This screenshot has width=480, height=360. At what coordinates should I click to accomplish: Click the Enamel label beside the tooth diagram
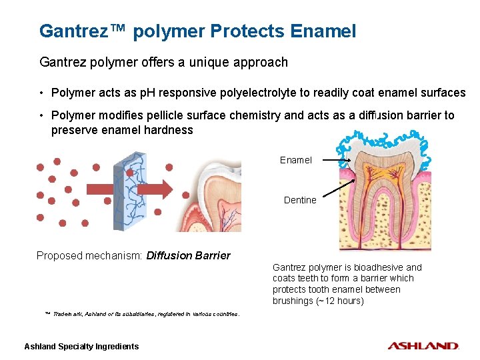(x=296, y=160)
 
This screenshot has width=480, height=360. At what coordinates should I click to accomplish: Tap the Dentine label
(x=300, y=200)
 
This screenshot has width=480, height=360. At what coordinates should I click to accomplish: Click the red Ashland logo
(x=423, y=346)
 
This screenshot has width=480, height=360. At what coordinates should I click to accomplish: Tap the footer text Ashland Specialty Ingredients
(x=81, y=346)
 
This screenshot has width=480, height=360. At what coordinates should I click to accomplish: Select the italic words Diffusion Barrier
(x=188, y=255)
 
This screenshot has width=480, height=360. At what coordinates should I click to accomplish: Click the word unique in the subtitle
(x=202, y=62)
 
